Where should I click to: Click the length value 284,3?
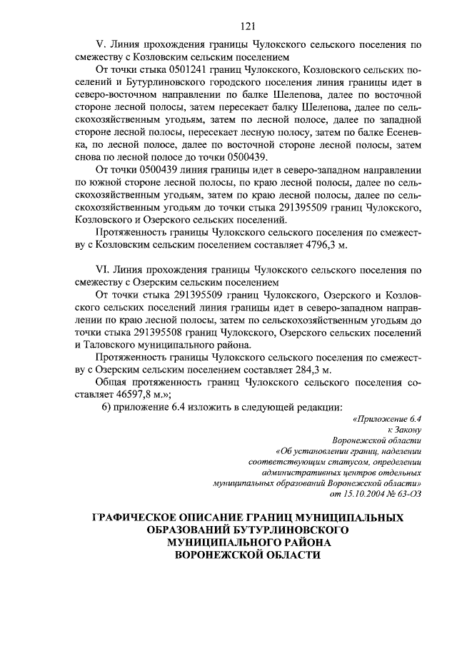tap(301, 370)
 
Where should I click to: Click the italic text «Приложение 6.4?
tap(388, 420)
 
